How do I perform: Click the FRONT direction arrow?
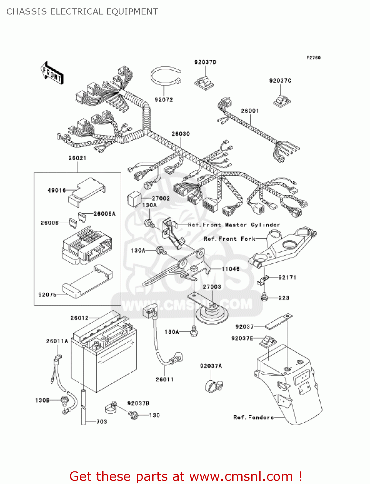[x=52, y=73]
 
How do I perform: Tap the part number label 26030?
[x=180, y=134]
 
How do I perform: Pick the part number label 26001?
[x=250, y=111]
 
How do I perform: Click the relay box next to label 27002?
[x=134, y=197]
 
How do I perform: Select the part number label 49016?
[x=56, y=190]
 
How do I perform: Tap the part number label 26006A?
[x=104, y=214]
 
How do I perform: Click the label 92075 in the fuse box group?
[x=47, y=295]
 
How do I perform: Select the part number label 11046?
[x=230, y=269]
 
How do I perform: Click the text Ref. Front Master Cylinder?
[x=234, y=225]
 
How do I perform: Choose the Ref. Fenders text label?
[x=253, y=417]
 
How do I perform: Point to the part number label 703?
[x=102, y=422]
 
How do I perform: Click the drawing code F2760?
[x=313, y=58]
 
